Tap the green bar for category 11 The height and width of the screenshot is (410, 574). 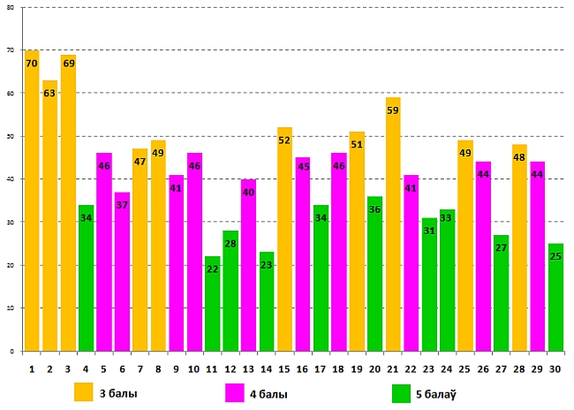tap(212, 304)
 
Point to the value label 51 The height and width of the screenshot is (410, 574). tap(357, 144)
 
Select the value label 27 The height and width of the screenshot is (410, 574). tap(501, 247)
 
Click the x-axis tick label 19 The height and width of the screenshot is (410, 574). tap(357, 368)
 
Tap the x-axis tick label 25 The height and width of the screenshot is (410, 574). tap(464, 368)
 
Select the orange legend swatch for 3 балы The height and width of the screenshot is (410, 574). tap(84, 391)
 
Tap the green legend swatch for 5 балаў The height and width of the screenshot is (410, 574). tap(402, 392)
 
